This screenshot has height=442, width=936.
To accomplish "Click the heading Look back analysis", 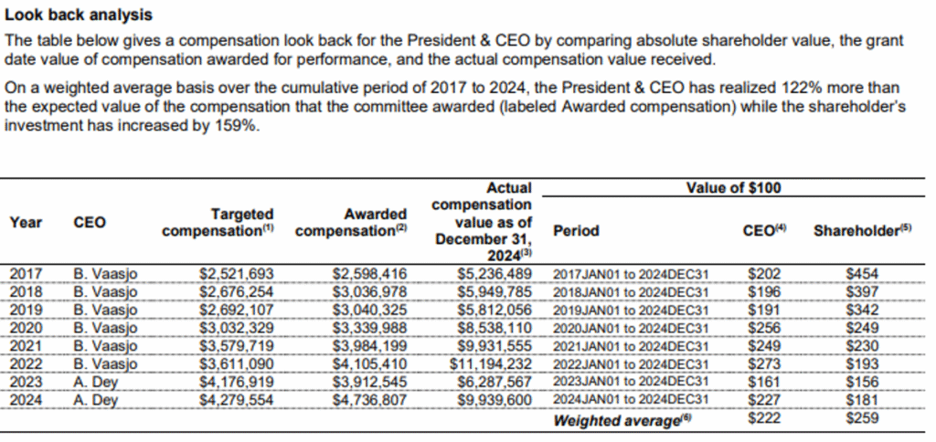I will point(79,16).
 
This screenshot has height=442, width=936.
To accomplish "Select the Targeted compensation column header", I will point(218,222).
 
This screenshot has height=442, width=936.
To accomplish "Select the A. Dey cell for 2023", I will point(96,381).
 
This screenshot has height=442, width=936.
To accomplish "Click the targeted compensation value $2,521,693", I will point(236,273).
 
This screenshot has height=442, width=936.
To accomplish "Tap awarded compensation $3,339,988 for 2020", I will point(369,327).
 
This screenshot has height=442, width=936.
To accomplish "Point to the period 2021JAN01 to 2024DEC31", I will point(632,345).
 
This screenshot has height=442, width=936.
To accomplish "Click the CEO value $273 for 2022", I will point(762,363).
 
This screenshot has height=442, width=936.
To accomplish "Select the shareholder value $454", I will point(861,273).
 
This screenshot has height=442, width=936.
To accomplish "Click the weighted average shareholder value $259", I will point(861,417).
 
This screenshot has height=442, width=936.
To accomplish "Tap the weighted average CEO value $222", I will point(762,417).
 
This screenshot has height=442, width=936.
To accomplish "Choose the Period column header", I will point(576,231).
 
